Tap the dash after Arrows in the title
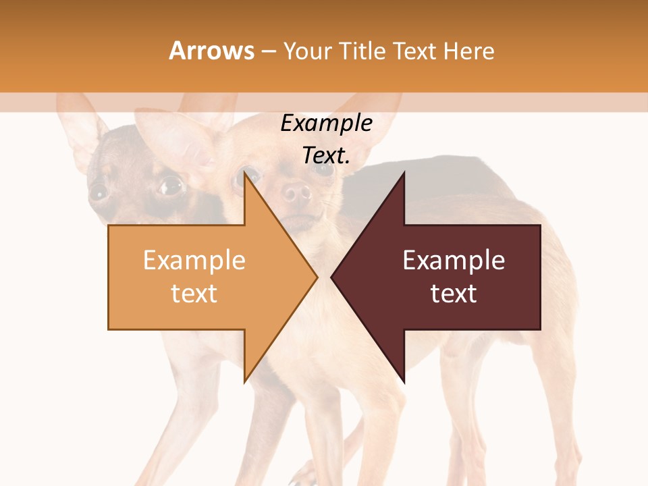pyautogui.click(x=268, y=51)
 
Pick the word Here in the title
pyautogui.click(x=470, y=51)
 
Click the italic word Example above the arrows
pyautogui.click(x=327, y=124)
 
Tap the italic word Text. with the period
pyautogui.click(x=327, y=156)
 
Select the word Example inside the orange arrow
pyautogui.click(x=194, y=261)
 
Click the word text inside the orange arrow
pyautogui.click(x=194, y=294)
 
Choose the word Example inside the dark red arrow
pyautogui.click(x=454, y=261)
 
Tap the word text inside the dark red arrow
pyautogui.click(x=454, y=294)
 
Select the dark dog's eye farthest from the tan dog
pyautogui.click(x=99, y=192)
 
